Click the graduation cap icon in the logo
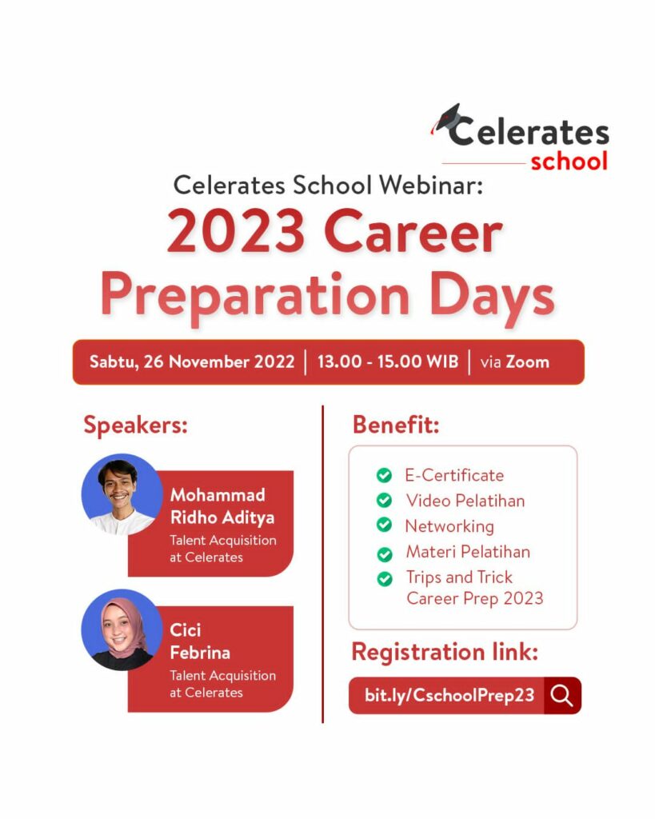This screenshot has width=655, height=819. (446, 118)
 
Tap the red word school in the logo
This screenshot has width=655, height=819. (569, 160)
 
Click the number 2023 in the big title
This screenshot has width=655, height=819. (236, 233)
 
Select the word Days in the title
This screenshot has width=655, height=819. (492, 294)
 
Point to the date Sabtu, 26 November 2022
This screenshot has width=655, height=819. (192, 362)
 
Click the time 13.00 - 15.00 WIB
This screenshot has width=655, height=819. (388, 362)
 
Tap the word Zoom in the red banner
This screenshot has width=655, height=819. (526, 362)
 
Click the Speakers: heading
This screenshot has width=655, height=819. (135, 425)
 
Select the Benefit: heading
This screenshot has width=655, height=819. (396, 425)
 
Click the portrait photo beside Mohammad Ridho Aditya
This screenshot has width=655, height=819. (122, 494)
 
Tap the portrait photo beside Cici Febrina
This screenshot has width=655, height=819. (122, 629)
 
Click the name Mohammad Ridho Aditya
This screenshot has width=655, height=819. (222, 506)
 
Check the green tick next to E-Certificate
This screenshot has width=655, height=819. (384, 476)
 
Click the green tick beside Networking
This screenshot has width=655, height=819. (384, 526)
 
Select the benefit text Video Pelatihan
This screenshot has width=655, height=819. (465, 501)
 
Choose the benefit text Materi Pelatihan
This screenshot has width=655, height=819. (468, 552)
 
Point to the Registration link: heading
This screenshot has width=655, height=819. (445, 652)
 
